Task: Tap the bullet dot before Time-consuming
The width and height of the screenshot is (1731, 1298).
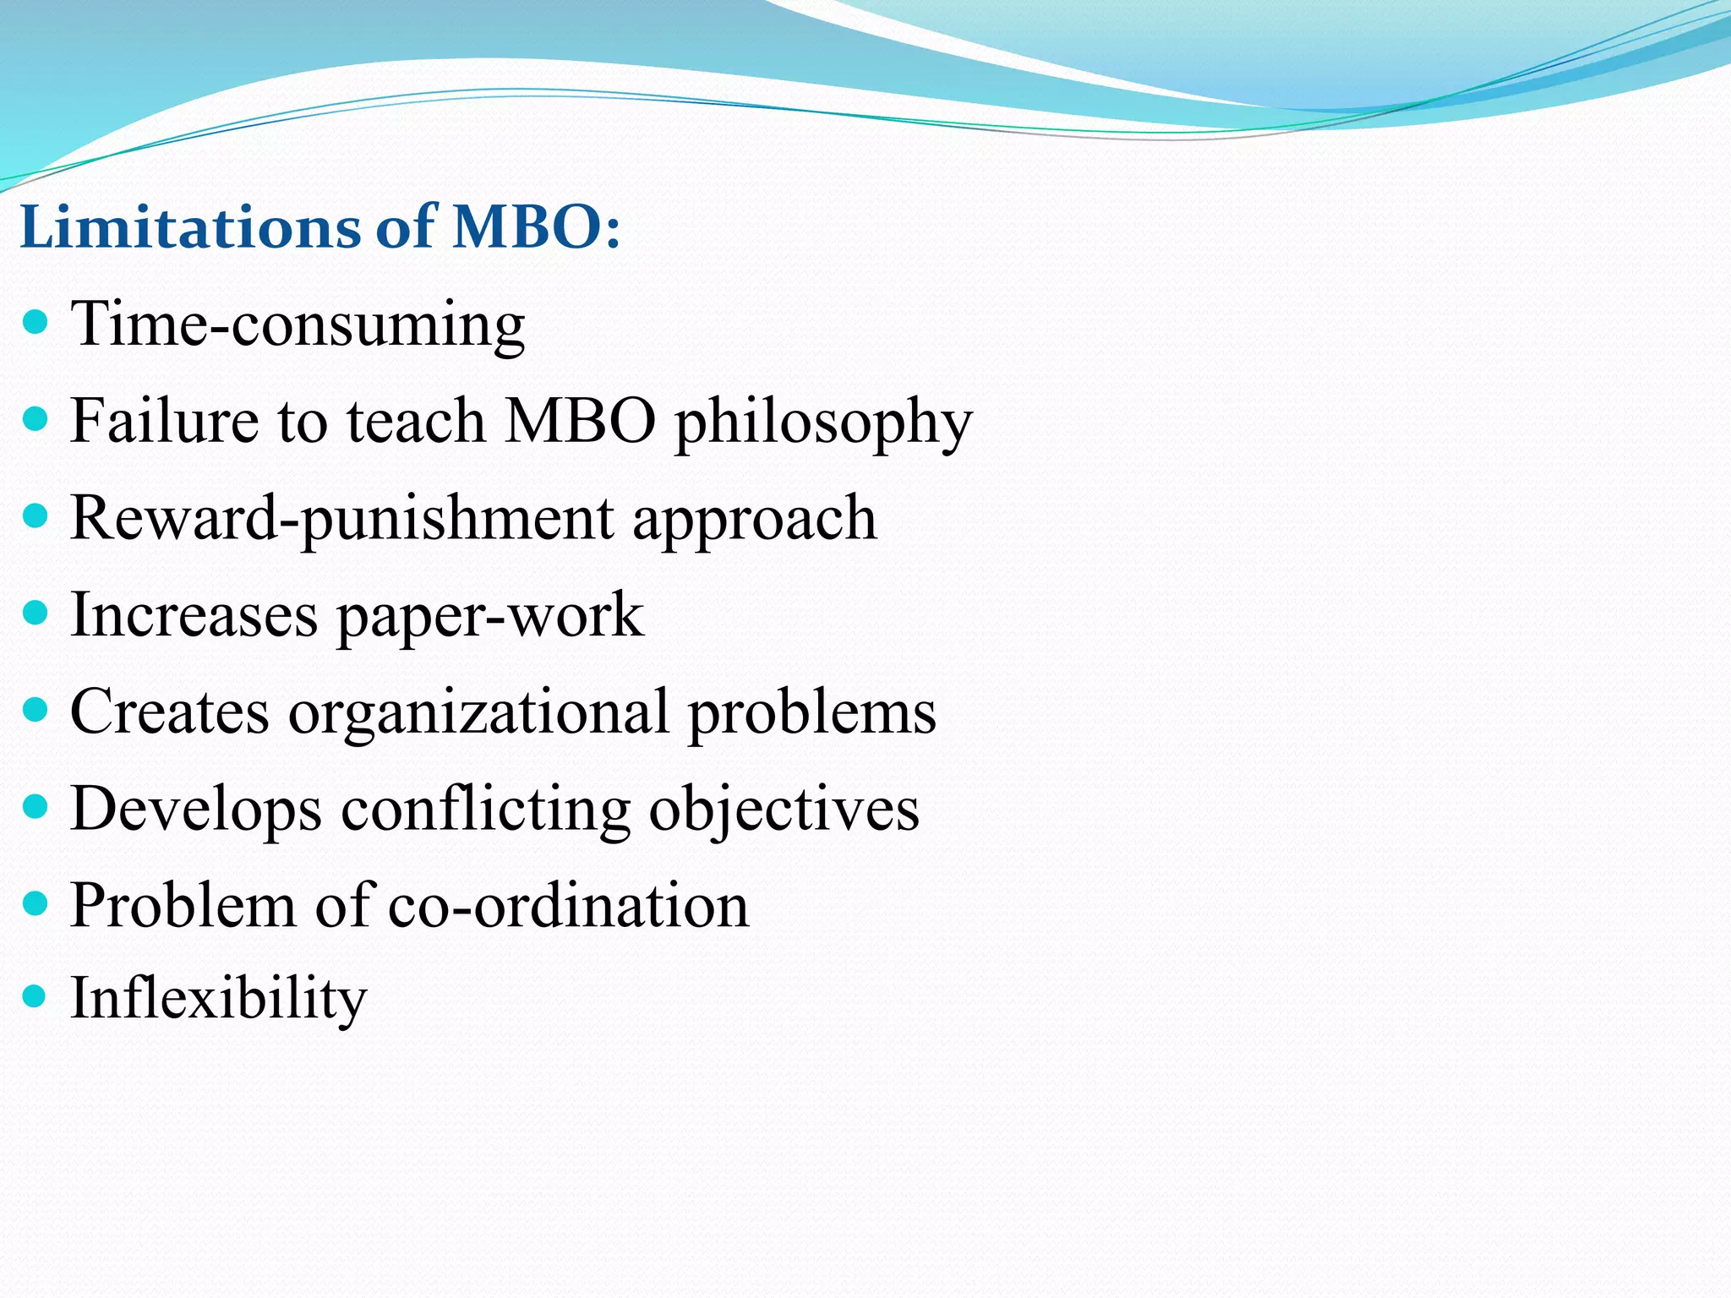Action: pyautogui.click(x=35, y=322)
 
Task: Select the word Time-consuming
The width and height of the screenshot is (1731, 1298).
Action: pyautogui.click(x=298, y=324)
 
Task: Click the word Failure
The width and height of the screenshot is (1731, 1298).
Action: pyautogui.click(x=165, y=420)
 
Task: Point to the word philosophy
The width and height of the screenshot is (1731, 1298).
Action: pyautogui.click(x=822, y=423)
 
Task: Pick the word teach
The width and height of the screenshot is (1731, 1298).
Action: pyautogui.click(x=415, y=420)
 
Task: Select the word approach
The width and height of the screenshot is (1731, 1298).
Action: pyautogui.click(x=754, y=520)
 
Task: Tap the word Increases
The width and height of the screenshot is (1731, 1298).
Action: pyautogui.click(x=194, y=614)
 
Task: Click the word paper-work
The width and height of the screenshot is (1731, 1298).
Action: pyautogui.click(x=490, y=617)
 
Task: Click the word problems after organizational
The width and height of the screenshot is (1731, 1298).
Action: pyautogui.click(x=812, y=713)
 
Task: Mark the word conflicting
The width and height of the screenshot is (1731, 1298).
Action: pyautogui.click(x=485, y=810)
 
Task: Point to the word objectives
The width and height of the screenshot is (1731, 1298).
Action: pyautogui.click(x=784, y=810)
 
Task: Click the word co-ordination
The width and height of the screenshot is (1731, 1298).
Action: pyautogui.click(x=568, y=905)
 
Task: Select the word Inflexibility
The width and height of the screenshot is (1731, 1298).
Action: pyautogui.click(x=218, y=999)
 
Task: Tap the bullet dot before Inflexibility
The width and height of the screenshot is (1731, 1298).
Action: pyautogui.click(x=35, y=996)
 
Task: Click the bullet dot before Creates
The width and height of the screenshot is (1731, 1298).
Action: pyautogui.click(x=35, y=709)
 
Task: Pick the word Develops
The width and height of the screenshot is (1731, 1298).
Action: pyautogui.click(x=195, y=810)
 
